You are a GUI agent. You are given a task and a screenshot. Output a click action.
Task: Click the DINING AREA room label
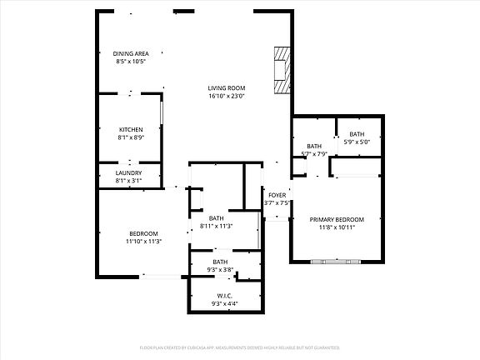[132, 53]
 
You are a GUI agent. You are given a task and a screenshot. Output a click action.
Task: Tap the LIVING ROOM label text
[226, 87]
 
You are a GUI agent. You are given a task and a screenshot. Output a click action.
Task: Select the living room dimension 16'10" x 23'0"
[226, 96]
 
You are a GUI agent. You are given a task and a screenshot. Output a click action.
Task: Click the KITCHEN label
[131, 129]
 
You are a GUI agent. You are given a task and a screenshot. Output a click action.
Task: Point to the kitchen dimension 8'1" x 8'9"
[131, 137]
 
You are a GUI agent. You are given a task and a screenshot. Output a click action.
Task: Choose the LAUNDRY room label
[128, 172]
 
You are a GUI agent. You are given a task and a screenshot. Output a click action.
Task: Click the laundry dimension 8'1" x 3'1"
[128, 181]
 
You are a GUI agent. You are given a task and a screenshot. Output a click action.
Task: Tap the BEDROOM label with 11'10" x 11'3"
[143, 233]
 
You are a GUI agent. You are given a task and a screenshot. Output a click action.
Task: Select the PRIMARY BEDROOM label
[337, 219]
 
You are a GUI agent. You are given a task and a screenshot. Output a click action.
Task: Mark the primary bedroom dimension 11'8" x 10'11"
[337, 227]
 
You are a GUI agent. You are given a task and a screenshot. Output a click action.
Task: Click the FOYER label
[277, 195]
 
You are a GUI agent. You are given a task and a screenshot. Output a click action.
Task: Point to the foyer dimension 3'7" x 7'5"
[277, 202]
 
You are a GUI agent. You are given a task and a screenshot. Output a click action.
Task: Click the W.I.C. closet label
[224, 296]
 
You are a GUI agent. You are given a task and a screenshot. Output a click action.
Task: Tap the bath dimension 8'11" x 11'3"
[216, 226]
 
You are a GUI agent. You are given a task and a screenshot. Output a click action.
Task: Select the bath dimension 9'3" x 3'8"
[221, 269]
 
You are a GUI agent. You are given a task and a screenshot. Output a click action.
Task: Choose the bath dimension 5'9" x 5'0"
[357, 142]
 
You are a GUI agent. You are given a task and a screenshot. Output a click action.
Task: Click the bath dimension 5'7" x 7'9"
[313, 153]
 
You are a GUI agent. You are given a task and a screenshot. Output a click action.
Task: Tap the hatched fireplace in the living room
[283, 68]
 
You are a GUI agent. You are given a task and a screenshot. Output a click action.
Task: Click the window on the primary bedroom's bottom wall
[337, 262]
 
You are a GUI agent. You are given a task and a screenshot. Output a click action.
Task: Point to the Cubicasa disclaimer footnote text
[240, 346]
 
